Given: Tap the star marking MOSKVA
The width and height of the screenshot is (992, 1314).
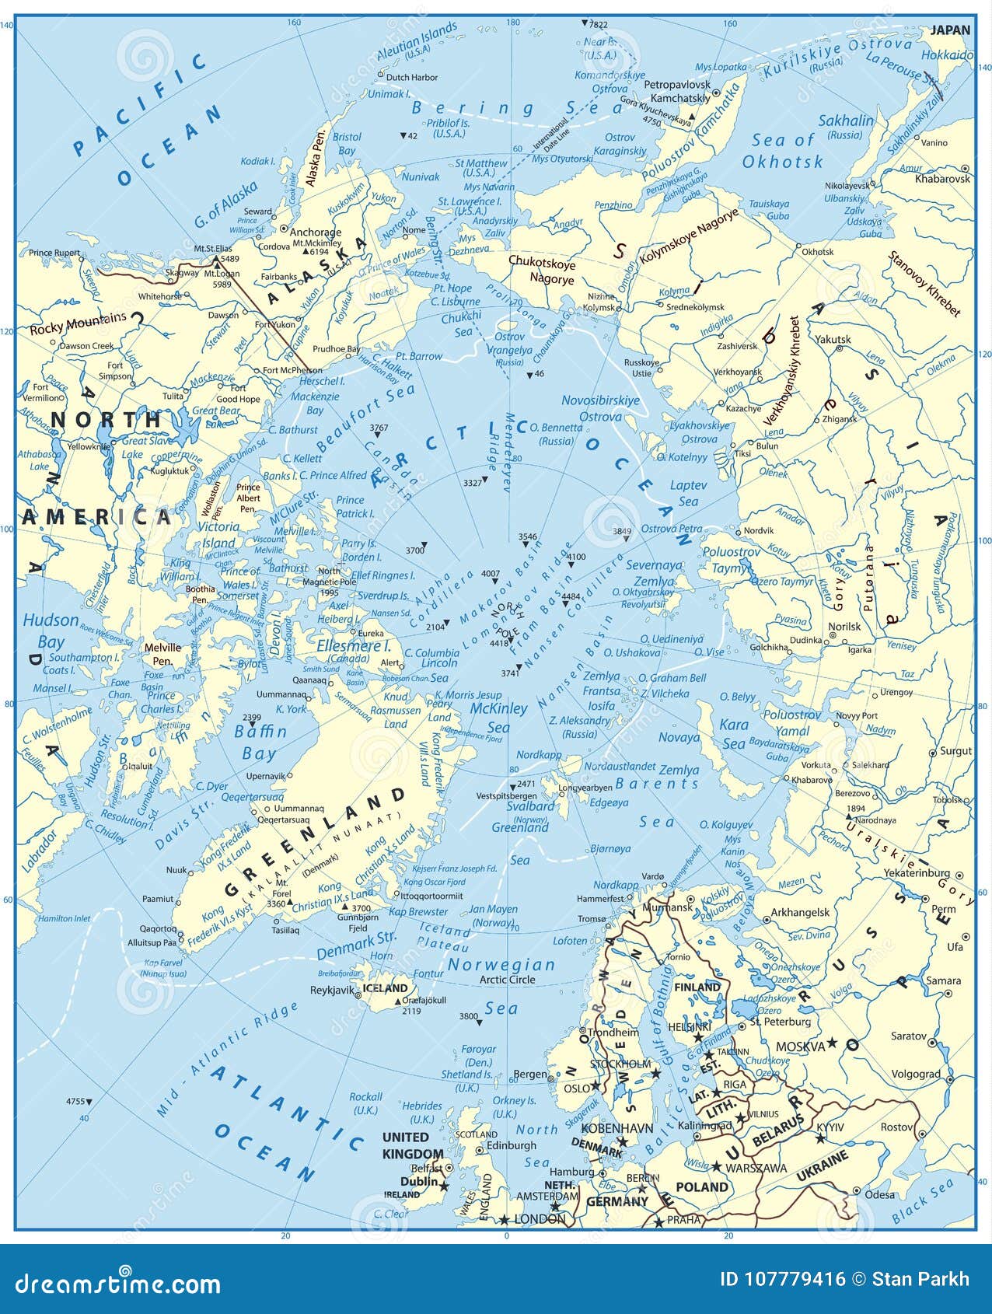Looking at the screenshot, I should (832, 1042).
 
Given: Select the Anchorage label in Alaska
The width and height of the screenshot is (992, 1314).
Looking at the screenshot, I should (316, 232).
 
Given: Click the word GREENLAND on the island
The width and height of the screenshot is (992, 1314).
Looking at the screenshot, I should (314, 844).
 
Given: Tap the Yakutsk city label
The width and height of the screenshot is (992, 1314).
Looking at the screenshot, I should (833, 339).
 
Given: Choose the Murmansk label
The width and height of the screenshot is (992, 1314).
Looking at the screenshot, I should (667, 907).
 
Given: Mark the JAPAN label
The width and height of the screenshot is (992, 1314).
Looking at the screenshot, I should (950, 30).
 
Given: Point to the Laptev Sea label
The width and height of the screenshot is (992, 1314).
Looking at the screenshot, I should (689, 493).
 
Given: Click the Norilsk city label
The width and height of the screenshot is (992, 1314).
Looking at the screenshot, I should (844, 626).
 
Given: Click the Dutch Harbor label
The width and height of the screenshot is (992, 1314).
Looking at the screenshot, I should (412, 77).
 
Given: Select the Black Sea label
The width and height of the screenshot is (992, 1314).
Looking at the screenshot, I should (922, 1201).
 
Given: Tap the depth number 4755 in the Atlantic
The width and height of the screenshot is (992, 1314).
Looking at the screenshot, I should (75, 1101).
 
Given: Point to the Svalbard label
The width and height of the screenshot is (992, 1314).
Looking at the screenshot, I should (531, 806).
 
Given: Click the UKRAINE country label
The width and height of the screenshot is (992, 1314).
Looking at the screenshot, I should (822, 1167).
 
